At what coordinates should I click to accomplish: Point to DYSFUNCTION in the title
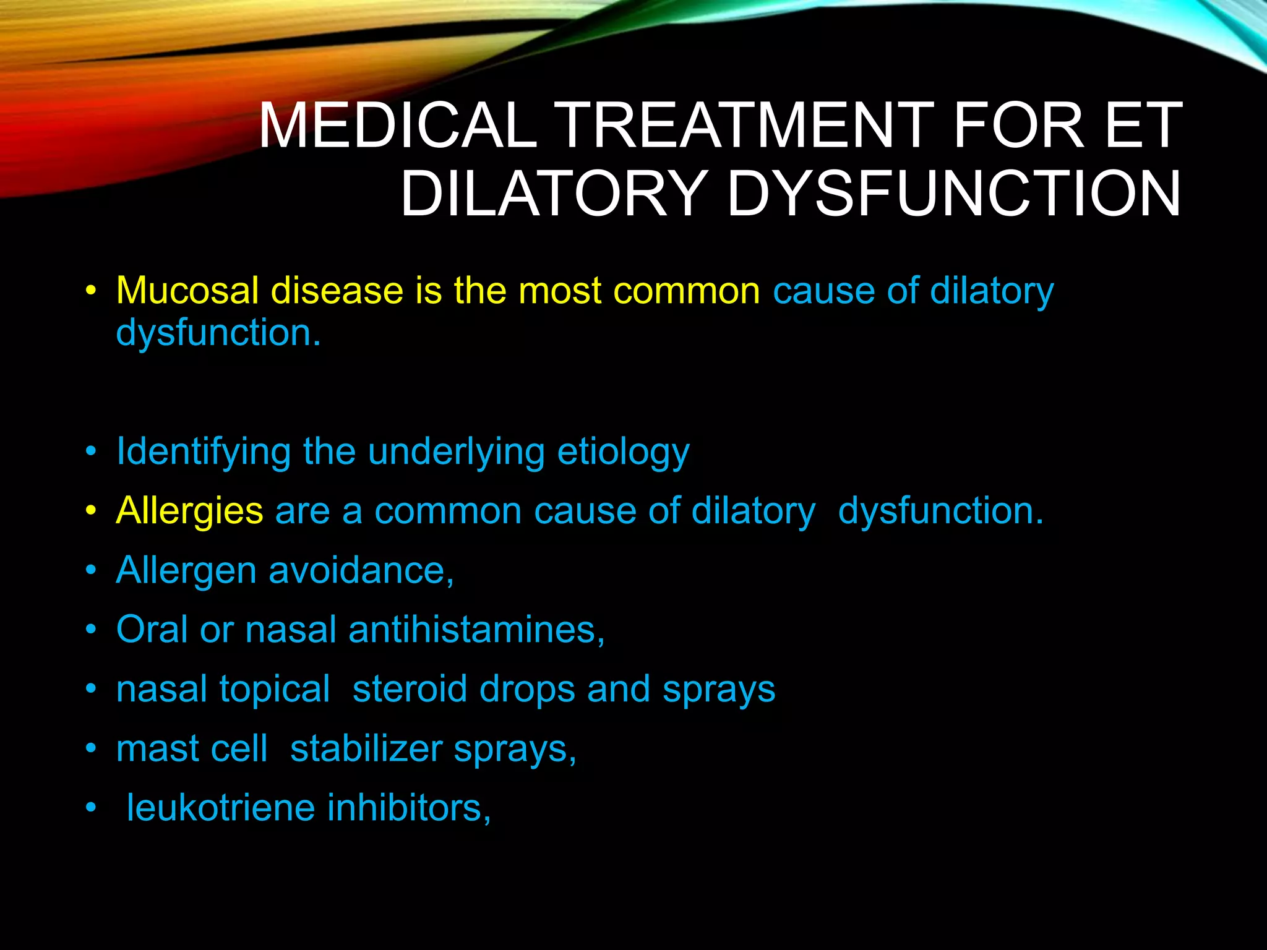pyautogui.click(x=954, y=194)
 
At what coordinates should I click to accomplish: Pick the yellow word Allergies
pyautogui.click(x=190, y=511)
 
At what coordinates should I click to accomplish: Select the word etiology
pyautogui.click(x=623, y=452)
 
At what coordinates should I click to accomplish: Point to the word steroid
pyautogui.click(x=410, y=689)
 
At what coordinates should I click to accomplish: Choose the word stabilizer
pyautogui.click(x=366, y=749)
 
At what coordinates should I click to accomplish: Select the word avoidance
pyautogui.click(x=361, y=570)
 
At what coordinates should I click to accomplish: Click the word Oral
pyautogui.click(x=152, y=630)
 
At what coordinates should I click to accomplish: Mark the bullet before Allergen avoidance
pyautogui.click(x=92, y=570)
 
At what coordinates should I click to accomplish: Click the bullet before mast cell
pyautogui.click(x=92, y=749)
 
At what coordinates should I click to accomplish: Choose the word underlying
pyautogui.click(x=456, y=452)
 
